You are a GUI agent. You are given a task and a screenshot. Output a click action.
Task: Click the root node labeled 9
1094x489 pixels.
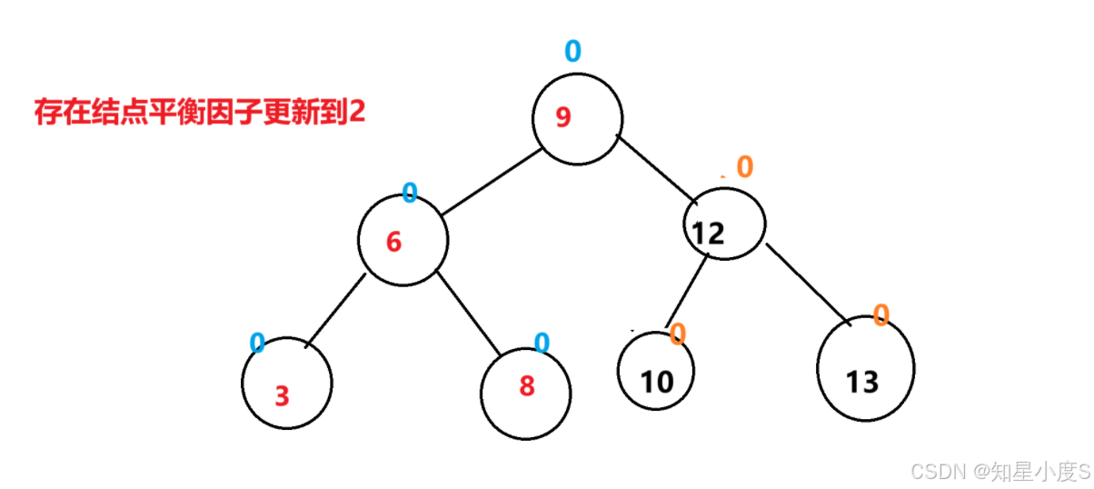click(x=577, y=119)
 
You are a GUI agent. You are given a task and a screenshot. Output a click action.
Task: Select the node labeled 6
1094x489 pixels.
click(x=403, y=240)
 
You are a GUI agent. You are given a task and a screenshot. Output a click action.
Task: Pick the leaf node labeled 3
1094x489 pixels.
click(x=287, y=384)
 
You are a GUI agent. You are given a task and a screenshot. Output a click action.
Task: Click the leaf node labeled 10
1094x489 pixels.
click(x=655, y=372)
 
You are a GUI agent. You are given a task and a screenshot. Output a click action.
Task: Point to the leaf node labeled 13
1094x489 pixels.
click(x=865, y=370)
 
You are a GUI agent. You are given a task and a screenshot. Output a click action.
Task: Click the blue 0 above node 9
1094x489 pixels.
click(x=572, y=50)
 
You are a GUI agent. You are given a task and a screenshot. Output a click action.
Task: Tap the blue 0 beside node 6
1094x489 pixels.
click(x=410, y=193)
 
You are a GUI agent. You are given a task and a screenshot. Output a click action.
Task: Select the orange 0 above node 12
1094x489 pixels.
click(x=744, y=166)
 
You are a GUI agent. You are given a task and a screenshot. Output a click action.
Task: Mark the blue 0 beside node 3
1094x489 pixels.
click(x=257, y=343)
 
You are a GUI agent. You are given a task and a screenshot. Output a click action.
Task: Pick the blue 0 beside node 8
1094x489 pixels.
click(x=542, y=343)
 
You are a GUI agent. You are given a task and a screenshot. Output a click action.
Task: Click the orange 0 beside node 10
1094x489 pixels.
click(x=677, y=334)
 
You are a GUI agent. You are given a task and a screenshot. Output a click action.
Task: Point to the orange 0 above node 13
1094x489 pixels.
click(x=880, y=315)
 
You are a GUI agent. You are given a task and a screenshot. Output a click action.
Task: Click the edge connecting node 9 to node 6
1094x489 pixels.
click(x=491, y=183)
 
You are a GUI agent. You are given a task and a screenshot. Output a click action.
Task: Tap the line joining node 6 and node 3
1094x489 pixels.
click(x=334, y=309)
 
